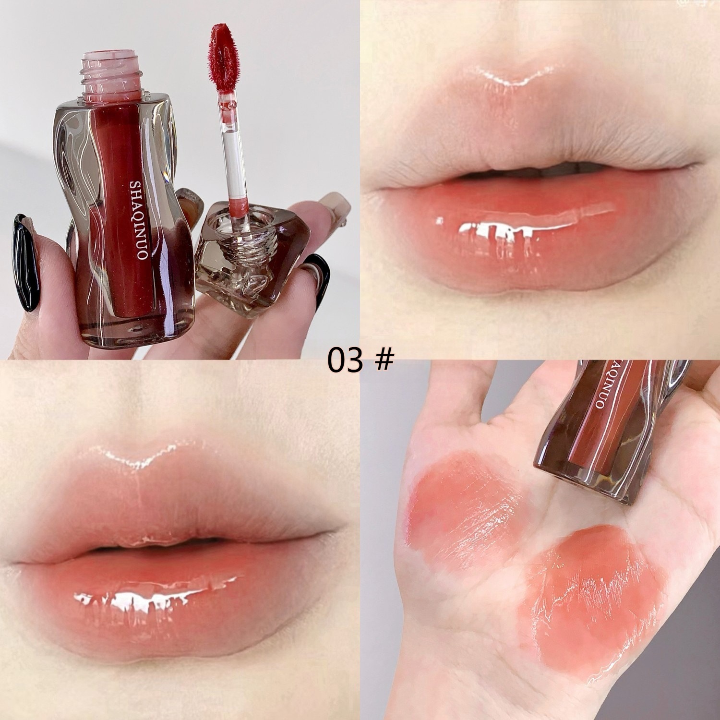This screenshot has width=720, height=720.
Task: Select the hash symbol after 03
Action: pyautogui.click(x=384, y=360)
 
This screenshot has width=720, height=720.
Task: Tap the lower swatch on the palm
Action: pyautogui.click(x=593, y=595)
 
